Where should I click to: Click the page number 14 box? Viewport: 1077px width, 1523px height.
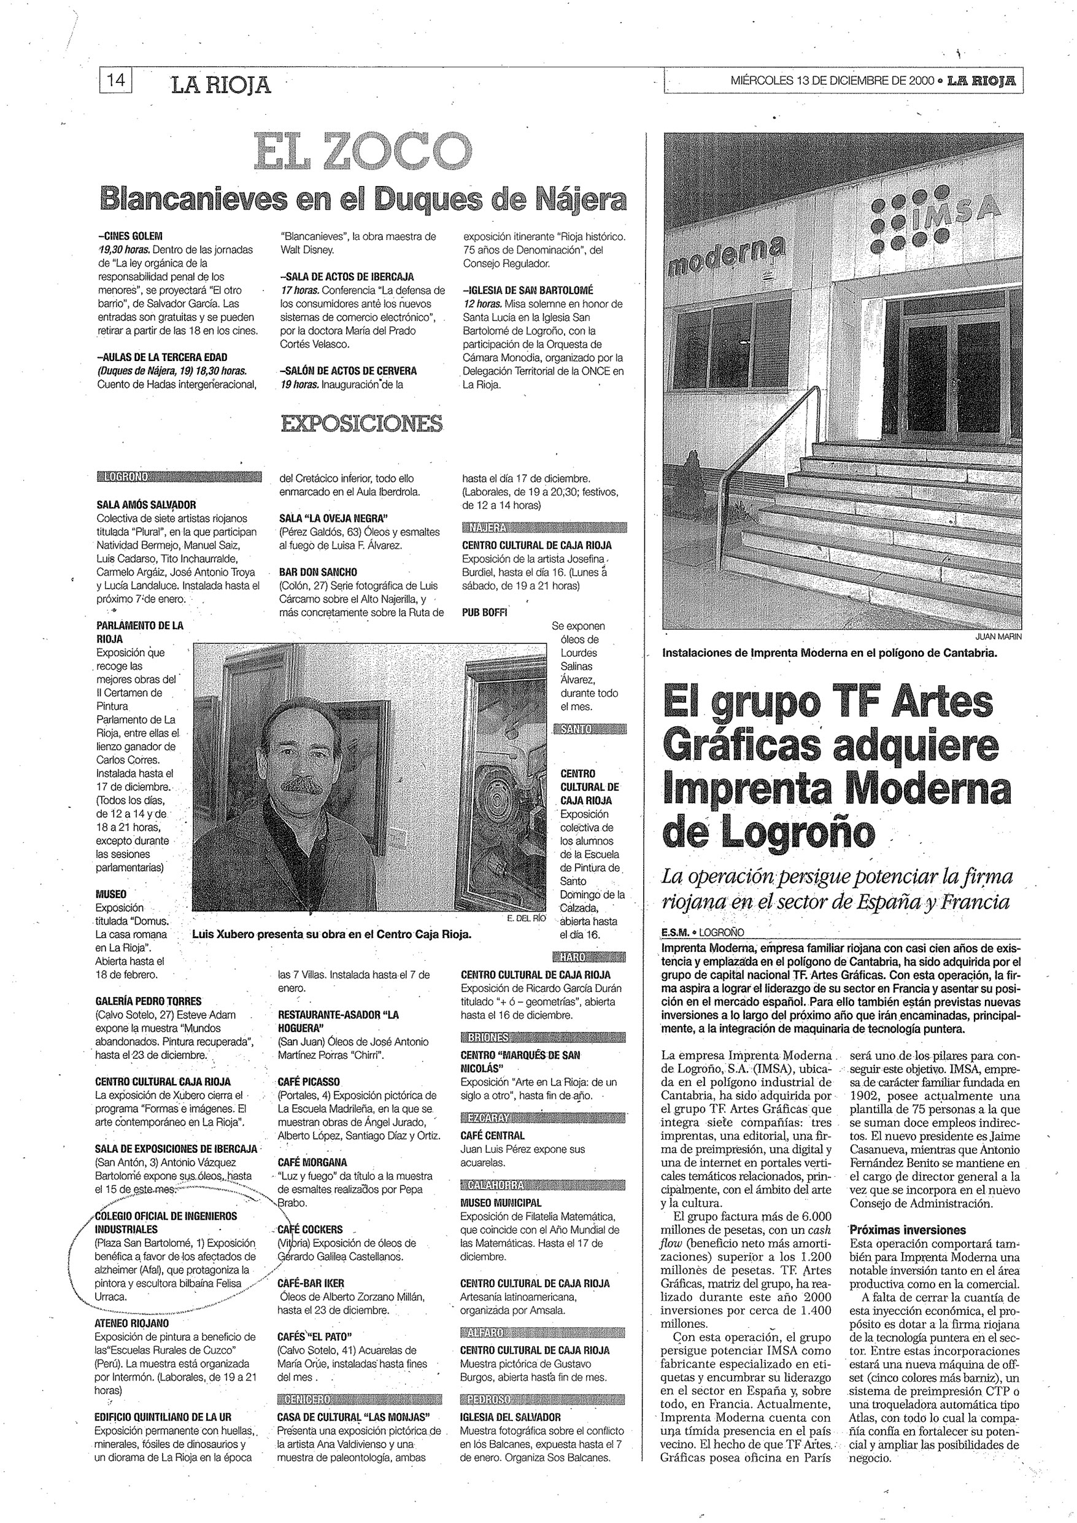click(115, 81)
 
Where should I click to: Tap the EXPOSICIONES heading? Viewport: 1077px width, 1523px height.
click(362, 423)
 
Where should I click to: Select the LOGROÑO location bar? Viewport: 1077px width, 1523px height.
click(179, 476)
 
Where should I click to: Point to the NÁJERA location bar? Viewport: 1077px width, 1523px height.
click(544, 528)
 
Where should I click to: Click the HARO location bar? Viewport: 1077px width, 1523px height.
click(589, 957)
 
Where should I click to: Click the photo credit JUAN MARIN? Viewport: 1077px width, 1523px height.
click(998, 637)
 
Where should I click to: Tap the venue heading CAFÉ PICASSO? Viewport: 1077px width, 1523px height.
click(309, 1081)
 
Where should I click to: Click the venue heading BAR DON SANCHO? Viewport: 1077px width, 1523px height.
click(318, 572)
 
